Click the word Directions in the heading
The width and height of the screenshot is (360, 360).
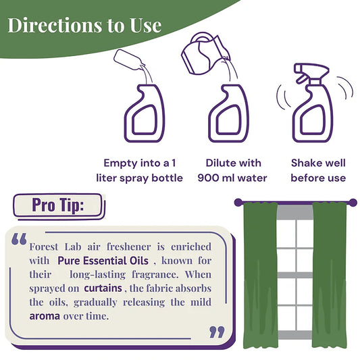[x=55, y=25]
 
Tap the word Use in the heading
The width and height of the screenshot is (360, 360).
[x=146, y=25]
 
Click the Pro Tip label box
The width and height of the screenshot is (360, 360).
[x=59, y=206]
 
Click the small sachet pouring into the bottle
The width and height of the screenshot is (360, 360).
[x=128, y=59]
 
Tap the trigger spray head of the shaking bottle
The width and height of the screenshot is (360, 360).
[x=311, y=72]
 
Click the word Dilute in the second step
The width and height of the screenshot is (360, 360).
[x=220, y=163]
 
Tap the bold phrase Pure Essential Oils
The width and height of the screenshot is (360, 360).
[x=103, y=261]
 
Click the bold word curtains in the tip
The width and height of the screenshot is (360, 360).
[x=103, y=288]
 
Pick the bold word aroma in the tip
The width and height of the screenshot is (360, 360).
[x=45, y=316]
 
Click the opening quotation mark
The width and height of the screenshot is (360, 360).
[x=19, y=239]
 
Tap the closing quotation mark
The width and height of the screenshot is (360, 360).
[x=217, y=332]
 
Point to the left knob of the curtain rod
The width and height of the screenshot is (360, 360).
[x=238, y=203]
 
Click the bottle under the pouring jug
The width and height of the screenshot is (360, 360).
[x=228, y=113]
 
